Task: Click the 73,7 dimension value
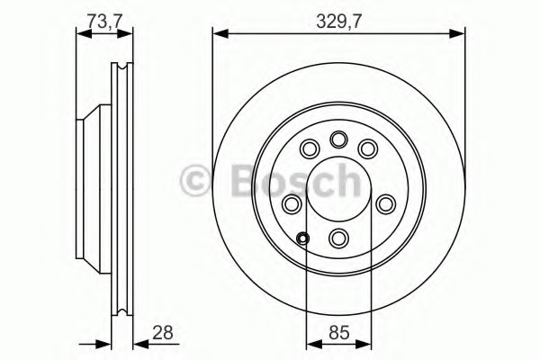104,22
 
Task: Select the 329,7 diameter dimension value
338,22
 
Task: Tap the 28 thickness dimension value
162,334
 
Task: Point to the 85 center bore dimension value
339,333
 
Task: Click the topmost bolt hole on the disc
339,139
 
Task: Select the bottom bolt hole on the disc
339,238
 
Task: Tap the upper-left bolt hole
310,148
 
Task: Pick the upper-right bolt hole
368,148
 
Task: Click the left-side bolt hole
292,204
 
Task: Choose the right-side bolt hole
385,204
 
